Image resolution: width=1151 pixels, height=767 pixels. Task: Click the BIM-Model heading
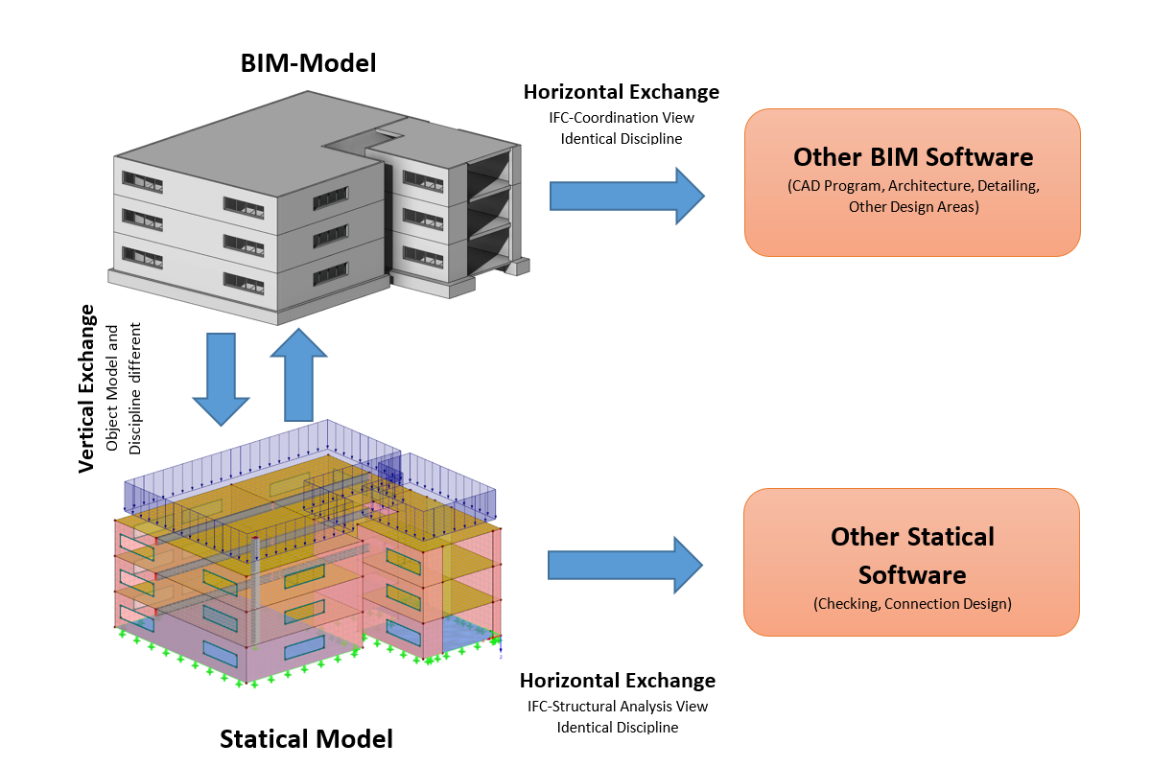307,64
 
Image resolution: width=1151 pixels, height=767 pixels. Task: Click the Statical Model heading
306,739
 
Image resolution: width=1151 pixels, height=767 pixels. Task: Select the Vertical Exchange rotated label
87,387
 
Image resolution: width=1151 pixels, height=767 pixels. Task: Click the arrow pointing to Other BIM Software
626,196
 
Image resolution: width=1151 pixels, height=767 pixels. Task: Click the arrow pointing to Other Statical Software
626,565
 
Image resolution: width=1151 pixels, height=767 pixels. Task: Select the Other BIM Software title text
912,156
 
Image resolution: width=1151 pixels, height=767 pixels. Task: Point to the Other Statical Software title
912,555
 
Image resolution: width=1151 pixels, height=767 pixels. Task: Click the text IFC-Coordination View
622,118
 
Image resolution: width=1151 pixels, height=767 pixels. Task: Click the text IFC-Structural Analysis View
618,707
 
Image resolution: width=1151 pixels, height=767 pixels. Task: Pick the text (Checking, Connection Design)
912,604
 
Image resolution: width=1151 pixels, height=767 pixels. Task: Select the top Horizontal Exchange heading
622,92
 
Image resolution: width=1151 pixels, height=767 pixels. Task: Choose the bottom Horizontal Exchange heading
618,681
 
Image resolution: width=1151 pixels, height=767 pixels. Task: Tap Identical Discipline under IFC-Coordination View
622,139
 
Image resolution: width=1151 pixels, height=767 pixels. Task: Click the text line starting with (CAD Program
912,185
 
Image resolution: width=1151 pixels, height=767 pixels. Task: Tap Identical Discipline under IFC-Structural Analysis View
618,728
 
